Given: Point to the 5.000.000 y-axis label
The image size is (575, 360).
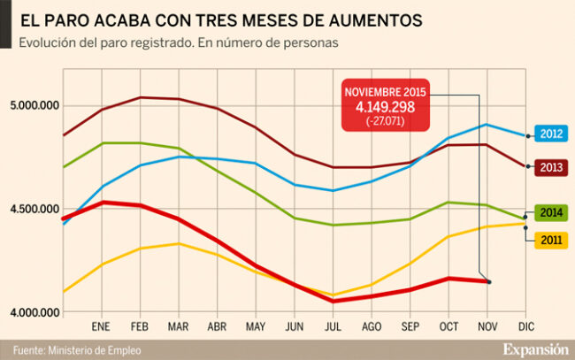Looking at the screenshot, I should click(34, 106).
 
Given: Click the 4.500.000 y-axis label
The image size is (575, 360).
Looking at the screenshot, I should click(34, 210).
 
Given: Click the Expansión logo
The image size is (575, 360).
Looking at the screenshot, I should click(535, 349).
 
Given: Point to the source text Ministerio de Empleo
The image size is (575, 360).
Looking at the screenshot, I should click(95, 349).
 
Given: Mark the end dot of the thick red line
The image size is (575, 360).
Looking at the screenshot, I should click(488, 281).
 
